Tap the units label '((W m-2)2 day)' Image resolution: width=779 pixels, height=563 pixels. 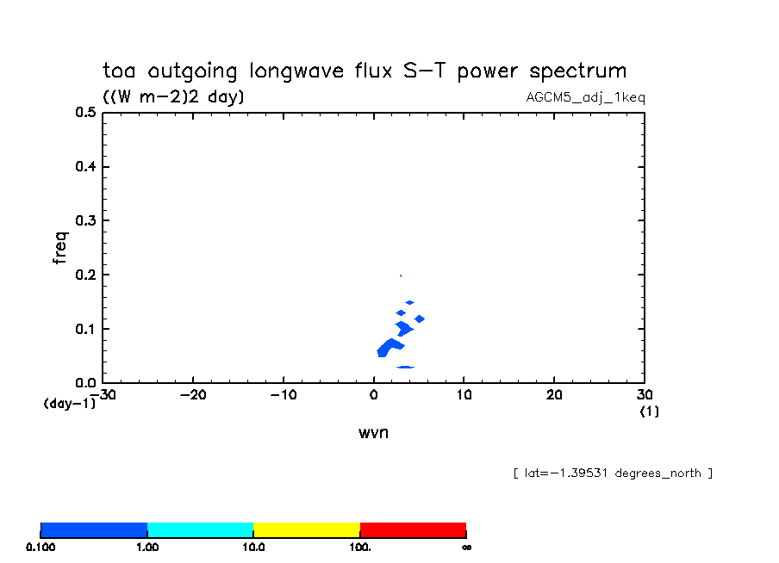pos(173,97)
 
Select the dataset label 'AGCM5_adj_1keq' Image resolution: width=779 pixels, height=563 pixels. pos(585,97)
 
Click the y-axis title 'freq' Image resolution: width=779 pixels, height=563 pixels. pos(59,247)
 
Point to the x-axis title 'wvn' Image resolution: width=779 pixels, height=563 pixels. pos(373,432)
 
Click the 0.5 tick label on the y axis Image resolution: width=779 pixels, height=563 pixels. pos(84,112)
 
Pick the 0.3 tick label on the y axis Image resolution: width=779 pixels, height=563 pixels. pos(84,220)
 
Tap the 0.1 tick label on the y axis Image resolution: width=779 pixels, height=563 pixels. pos(84,329)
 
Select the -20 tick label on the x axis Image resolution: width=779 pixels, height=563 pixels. pos(192,394)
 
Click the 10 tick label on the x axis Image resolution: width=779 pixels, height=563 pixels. pos(464,394)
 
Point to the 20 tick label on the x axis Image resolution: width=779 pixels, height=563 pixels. pos(554,394)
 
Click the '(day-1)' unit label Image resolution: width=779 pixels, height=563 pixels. pos(68,403)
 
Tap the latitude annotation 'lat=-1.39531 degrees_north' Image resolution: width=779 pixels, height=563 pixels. pos(613,473)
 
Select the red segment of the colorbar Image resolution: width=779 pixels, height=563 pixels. pos(413,529)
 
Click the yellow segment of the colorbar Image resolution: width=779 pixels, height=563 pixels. pos(306,529)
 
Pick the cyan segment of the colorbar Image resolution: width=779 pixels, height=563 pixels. pos(200,529)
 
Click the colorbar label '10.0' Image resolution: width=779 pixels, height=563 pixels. pos(253,547)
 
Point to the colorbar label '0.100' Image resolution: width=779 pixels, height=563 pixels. pos(41,547)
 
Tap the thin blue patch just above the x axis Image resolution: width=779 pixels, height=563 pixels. pos(404,368)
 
